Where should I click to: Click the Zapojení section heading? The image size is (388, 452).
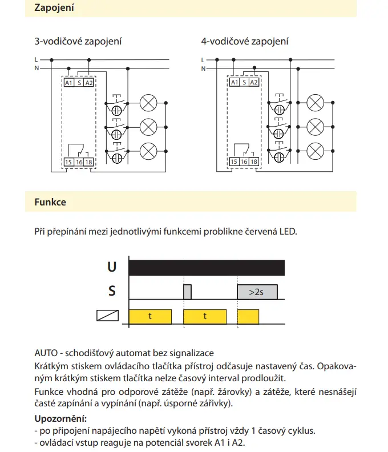click(54, 9)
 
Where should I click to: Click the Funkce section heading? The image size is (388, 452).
click(50, 202)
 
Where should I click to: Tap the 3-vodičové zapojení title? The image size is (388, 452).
click(79, 41)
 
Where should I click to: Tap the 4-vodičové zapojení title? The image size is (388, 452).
click(245, 41)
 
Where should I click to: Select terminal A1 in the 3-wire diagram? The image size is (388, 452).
click(68, 83)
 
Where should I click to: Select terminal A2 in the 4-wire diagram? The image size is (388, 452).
click(254, 83)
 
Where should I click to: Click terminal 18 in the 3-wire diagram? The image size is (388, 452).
click(88, 163)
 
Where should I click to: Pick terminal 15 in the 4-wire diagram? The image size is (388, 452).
click(234, 163)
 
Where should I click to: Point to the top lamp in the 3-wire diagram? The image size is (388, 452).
click(148, 103)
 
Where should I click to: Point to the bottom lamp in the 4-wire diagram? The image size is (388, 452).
click(315, 151)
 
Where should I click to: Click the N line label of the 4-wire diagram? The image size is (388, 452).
click(203, 68)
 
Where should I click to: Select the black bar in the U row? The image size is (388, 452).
click(207, 267)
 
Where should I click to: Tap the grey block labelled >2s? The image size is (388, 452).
click(257, 292)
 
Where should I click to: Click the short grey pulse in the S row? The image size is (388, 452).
click(187, 292)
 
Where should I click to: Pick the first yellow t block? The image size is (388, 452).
click(150, 316)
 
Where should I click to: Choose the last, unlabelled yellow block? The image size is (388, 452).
click(248, 316)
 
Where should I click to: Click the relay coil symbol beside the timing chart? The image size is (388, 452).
click(108, 315)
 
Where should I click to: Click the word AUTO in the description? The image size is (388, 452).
click(46, 353)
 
